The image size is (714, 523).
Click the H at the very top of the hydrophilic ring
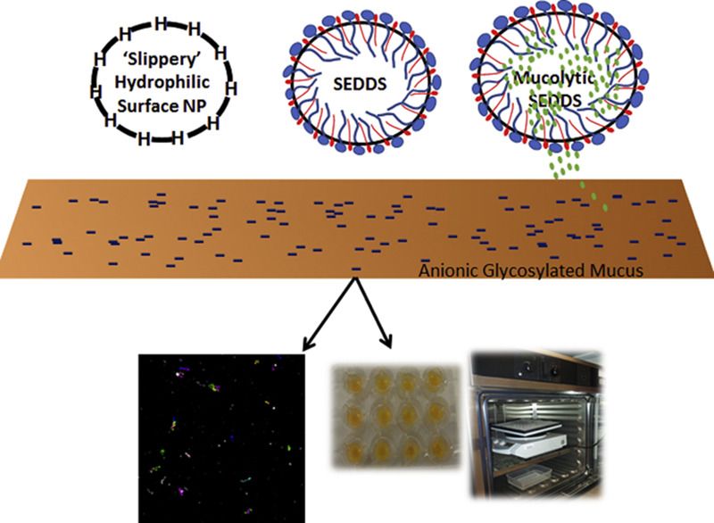(162, 20)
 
